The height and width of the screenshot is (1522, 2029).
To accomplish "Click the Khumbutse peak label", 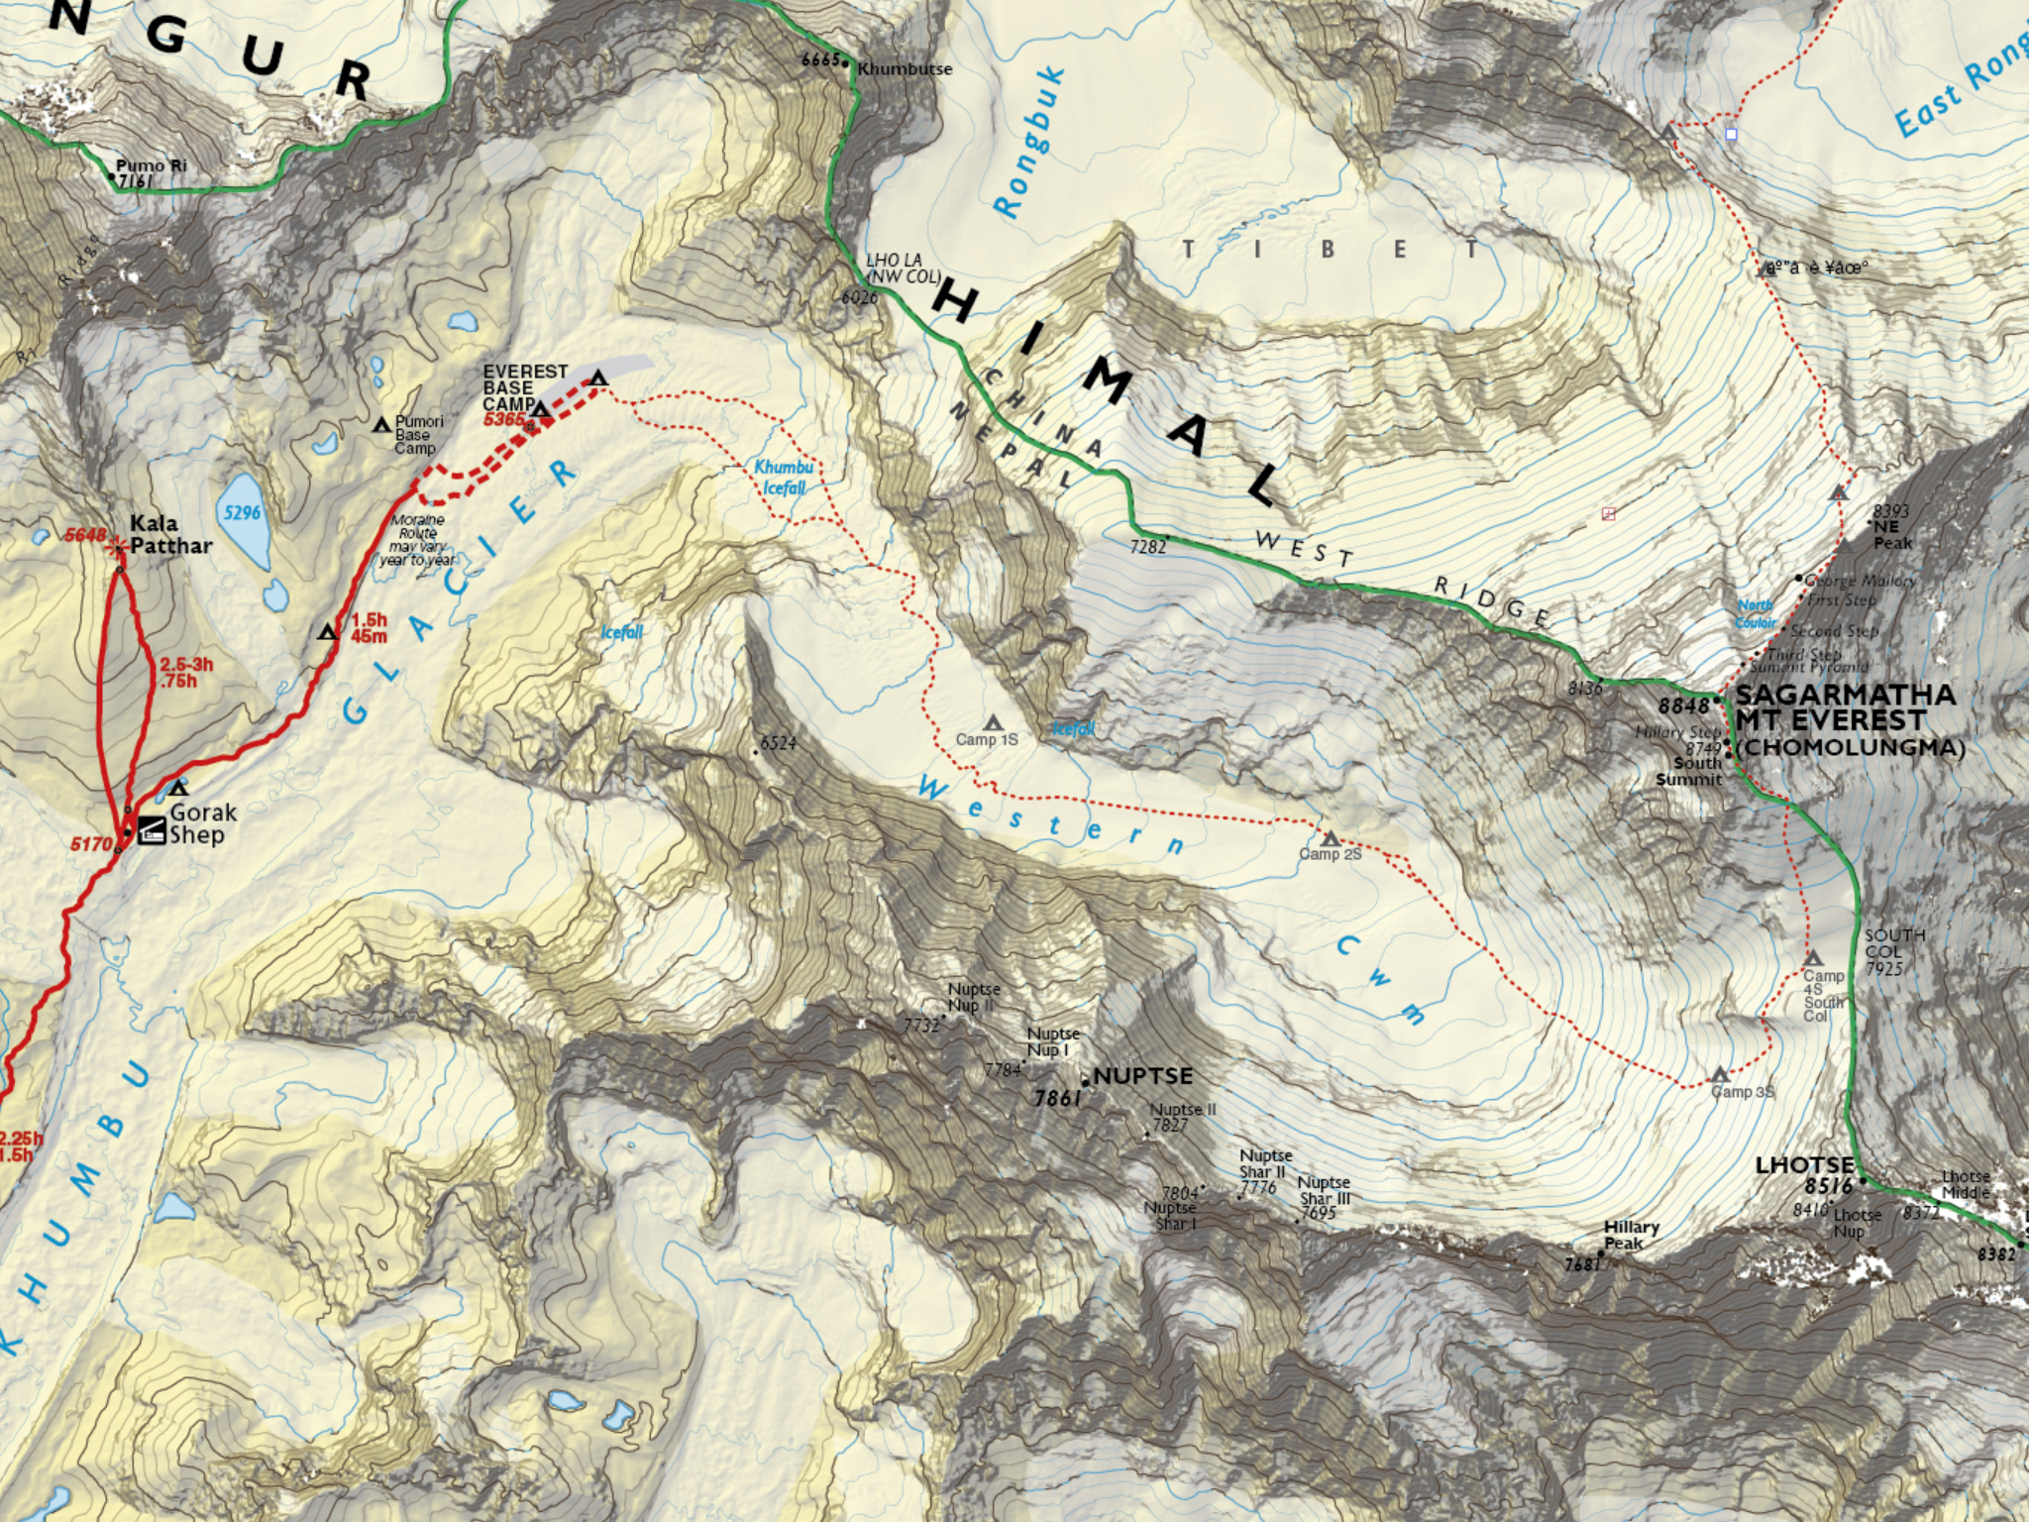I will point(905,69).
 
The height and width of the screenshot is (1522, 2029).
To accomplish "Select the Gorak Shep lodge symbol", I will point(152,829).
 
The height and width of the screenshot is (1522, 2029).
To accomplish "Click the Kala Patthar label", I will point(170,534).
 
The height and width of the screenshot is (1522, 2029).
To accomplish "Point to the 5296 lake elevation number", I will point(242,512).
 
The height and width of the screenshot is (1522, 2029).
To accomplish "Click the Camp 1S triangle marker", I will point(993,723).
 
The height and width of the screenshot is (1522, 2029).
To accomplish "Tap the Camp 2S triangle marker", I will point(1331,839).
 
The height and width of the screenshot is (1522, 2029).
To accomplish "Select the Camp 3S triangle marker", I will point(1720,1075).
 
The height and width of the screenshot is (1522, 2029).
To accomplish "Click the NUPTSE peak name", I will point(1143,1076).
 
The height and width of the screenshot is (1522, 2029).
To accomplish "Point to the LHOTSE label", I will point(1803,1165).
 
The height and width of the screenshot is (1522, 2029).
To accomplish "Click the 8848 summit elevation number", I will point(1684,706).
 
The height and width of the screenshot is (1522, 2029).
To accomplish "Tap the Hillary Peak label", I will point(1631,1235).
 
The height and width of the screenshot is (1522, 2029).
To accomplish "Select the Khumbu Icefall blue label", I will point(784,477).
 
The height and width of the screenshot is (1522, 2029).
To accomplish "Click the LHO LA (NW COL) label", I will point(902,268).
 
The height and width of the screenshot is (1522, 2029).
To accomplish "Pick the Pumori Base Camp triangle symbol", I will point(381,425).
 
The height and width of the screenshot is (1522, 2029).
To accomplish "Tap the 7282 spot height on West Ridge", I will point(1147,546).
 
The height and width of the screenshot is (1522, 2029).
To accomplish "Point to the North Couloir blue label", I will point(1756,613).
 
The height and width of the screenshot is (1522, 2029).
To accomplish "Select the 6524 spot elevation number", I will point(778,743).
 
